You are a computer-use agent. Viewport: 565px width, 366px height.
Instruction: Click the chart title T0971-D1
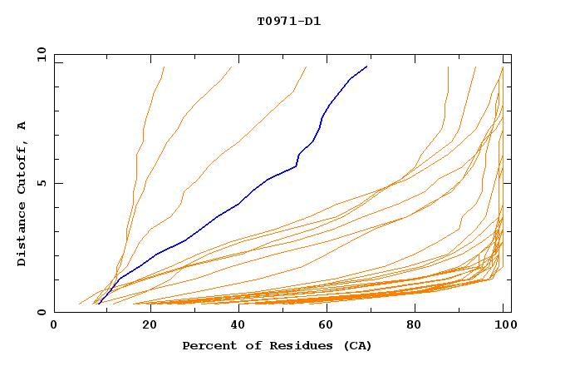[289, 21]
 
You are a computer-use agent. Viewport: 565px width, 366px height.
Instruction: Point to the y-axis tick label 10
[40, 53]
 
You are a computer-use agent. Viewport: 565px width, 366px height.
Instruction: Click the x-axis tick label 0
[54, 326]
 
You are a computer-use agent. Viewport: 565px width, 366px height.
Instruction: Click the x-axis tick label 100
[504, 326]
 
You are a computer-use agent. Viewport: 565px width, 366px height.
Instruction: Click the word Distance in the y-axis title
[22, 235]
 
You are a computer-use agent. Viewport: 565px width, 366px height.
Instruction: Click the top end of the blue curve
[366, 67]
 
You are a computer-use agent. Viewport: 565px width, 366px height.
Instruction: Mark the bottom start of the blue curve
[98, 304]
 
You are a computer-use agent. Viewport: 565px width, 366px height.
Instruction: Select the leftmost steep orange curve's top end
[164, 67]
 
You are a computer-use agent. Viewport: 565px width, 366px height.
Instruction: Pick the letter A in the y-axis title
[22, 126]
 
